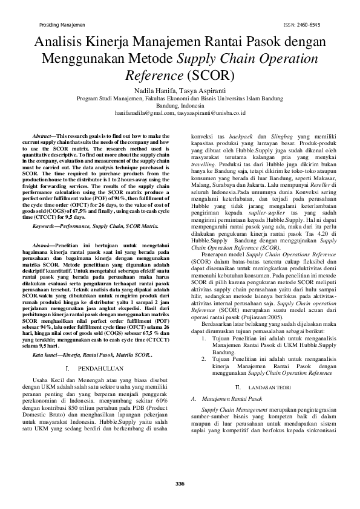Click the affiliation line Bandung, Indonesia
click(180, 105)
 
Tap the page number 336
click(180, 483)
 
